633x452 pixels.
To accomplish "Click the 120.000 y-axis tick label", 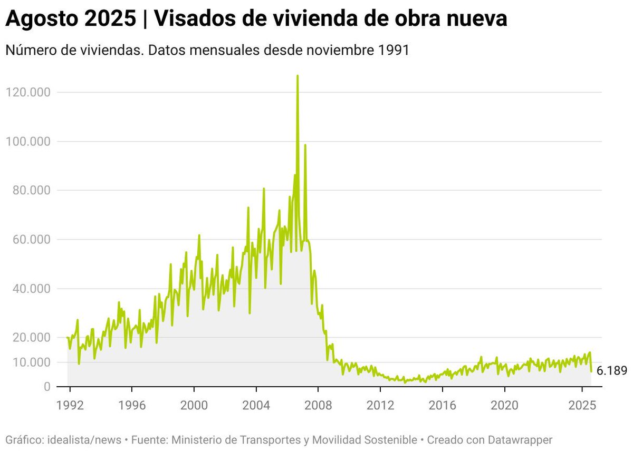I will [x=27, y=93].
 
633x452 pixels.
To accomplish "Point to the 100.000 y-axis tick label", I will [x=27, y=142].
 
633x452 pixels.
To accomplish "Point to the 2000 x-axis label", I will [x=194, y=407].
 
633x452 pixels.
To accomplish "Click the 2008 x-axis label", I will [x=318, y=407].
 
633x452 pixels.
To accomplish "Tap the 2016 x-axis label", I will [x=442, y=407].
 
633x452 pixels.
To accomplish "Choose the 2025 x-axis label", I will [x=582, y=407].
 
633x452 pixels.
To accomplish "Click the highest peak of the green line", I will [x=298, y=76].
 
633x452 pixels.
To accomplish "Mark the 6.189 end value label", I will [x=612, y=371].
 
